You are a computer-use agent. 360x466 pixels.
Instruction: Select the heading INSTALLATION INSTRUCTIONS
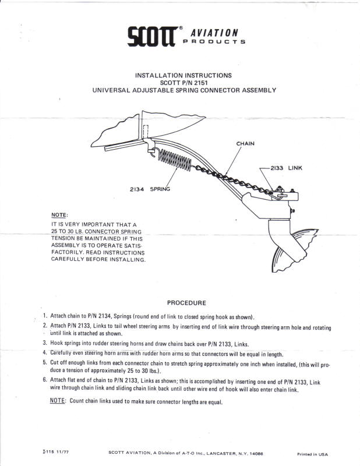pyautogui.click(x=183, y=75)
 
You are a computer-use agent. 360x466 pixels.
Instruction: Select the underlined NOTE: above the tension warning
pyautogui.click(x=59, y=215)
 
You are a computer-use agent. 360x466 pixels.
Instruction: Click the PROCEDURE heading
pyautogui.click(x=186, y=303)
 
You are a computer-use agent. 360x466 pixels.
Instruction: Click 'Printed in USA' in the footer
pyautogui.click(x=313, y=454)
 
